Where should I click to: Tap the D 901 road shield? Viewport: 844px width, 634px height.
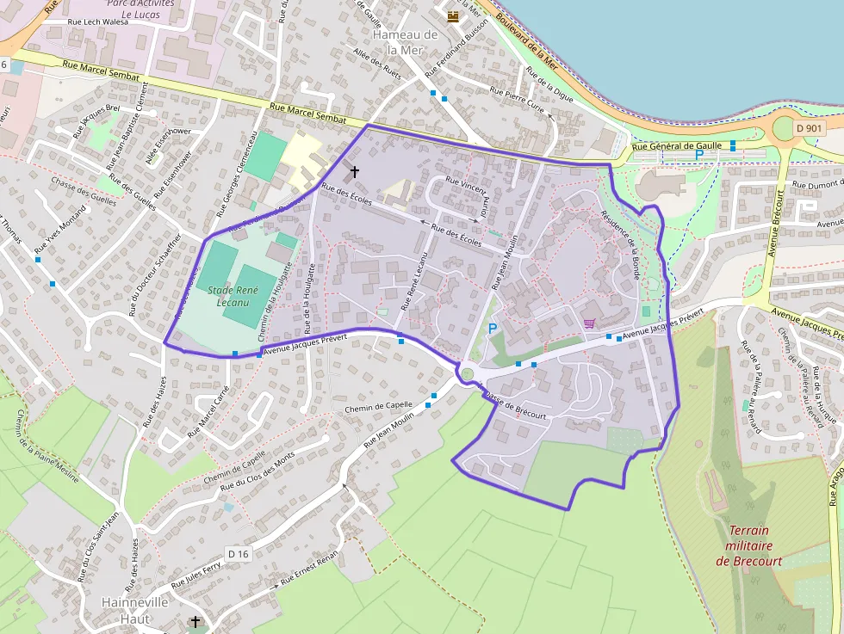tap(810, 128)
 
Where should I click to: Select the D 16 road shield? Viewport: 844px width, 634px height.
tap(239, 553)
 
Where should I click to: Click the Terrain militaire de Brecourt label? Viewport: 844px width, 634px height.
tap(748, 545)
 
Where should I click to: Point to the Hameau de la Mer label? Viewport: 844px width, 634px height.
tap(406, 42)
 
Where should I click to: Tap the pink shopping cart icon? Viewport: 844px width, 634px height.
tap(589, 323)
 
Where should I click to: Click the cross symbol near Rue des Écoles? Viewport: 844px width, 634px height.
tap(354, 172)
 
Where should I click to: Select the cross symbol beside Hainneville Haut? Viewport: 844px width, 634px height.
tap(195, 621)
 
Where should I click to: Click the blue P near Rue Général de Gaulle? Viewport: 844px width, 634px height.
tap(698, 156)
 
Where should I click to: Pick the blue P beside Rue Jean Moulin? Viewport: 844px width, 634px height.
tap(493, 328)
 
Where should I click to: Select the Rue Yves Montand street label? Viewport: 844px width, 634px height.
tap(60, 230)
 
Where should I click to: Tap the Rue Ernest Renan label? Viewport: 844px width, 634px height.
tap(310, 571)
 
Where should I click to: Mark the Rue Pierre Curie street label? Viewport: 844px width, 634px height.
tap(517, 101)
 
